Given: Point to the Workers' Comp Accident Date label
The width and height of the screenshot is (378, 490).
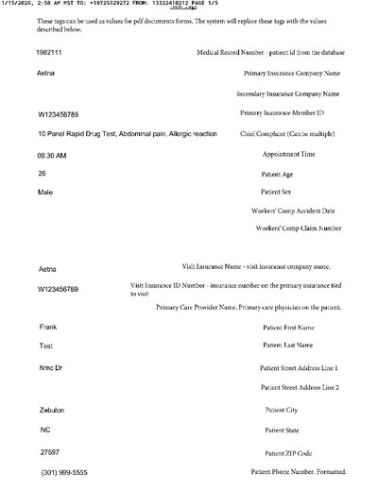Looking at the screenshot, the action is coord(298,211).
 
